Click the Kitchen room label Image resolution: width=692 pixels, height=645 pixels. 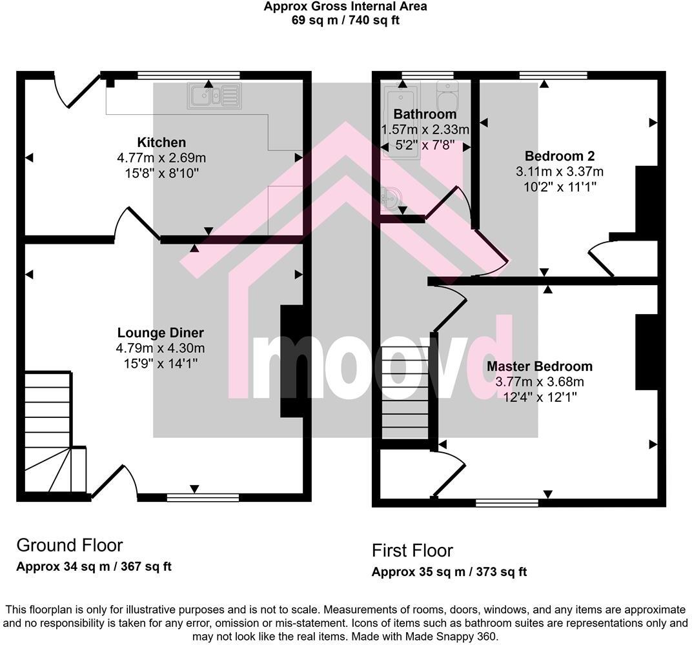point(161,143)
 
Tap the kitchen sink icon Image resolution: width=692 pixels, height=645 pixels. point(214,96)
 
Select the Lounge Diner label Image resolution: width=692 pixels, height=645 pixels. point(161,333)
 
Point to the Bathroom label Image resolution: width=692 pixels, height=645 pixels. point(425,114)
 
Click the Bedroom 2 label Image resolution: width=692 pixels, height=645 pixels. point(560,156)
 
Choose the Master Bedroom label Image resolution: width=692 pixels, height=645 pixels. point(540,366)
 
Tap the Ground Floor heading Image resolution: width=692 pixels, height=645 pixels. point(69,545)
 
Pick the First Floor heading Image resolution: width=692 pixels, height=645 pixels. point(412,550)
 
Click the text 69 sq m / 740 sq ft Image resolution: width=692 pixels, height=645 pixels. point(345,20)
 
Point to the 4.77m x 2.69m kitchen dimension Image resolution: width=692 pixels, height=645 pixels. point(161,157)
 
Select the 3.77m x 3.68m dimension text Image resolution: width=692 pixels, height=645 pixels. point(540,382)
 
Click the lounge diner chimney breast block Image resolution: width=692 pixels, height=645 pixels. point(291,361)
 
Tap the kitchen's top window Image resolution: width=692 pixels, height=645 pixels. point(188,75)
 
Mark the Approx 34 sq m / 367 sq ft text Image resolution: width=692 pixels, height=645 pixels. point(94,567)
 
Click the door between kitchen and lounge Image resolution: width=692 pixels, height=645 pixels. point(137,224)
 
